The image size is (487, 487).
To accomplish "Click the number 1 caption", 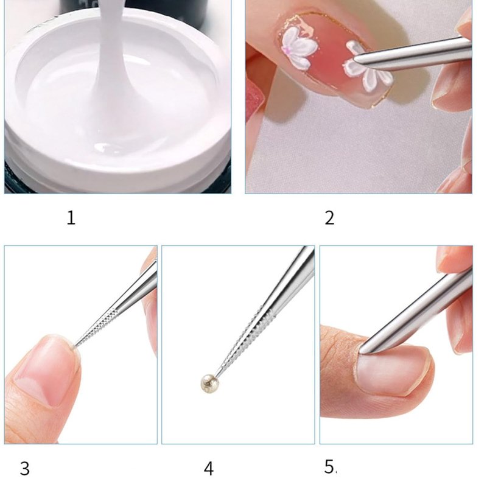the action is click(x=71, y=218).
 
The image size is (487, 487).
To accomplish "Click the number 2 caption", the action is click(x=329, y=218).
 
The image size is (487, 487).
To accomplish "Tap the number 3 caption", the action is click(x=25, y=469).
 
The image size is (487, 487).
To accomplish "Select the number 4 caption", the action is click(x=209, y=469).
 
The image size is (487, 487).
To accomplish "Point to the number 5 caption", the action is click(x=331, y=466).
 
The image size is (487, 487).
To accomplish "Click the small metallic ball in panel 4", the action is click(x=209, y=384).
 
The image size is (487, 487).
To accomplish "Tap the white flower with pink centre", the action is click(x=300, y=47).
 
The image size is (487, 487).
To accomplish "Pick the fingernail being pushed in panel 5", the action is click(x=392, y=370).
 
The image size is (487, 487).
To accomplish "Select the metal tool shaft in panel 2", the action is click(x=413, y=53).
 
